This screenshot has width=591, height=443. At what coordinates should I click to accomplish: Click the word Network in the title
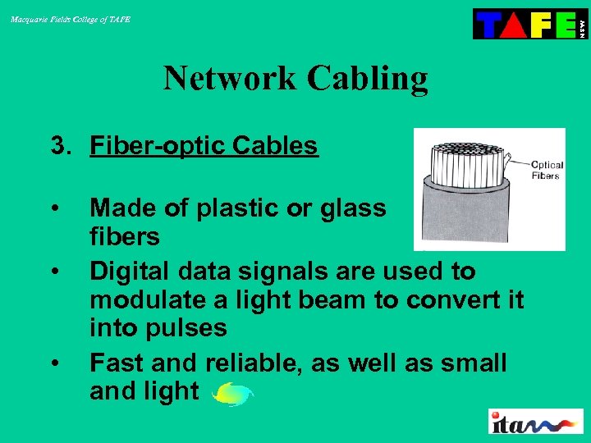pos(231,79)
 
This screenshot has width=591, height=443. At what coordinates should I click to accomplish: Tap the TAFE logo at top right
pos(530,24)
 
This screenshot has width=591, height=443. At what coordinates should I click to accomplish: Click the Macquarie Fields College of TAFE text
pos(70,19)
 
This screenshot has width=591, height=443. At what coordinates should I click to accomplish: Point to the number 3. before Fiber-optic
pos(62,146)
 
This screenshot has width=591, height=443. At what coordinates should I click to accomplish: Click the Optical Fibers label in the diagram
pos(544,169)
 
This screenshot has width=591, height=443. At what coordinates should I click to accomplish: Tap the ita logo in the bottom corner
pos(535,422)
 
